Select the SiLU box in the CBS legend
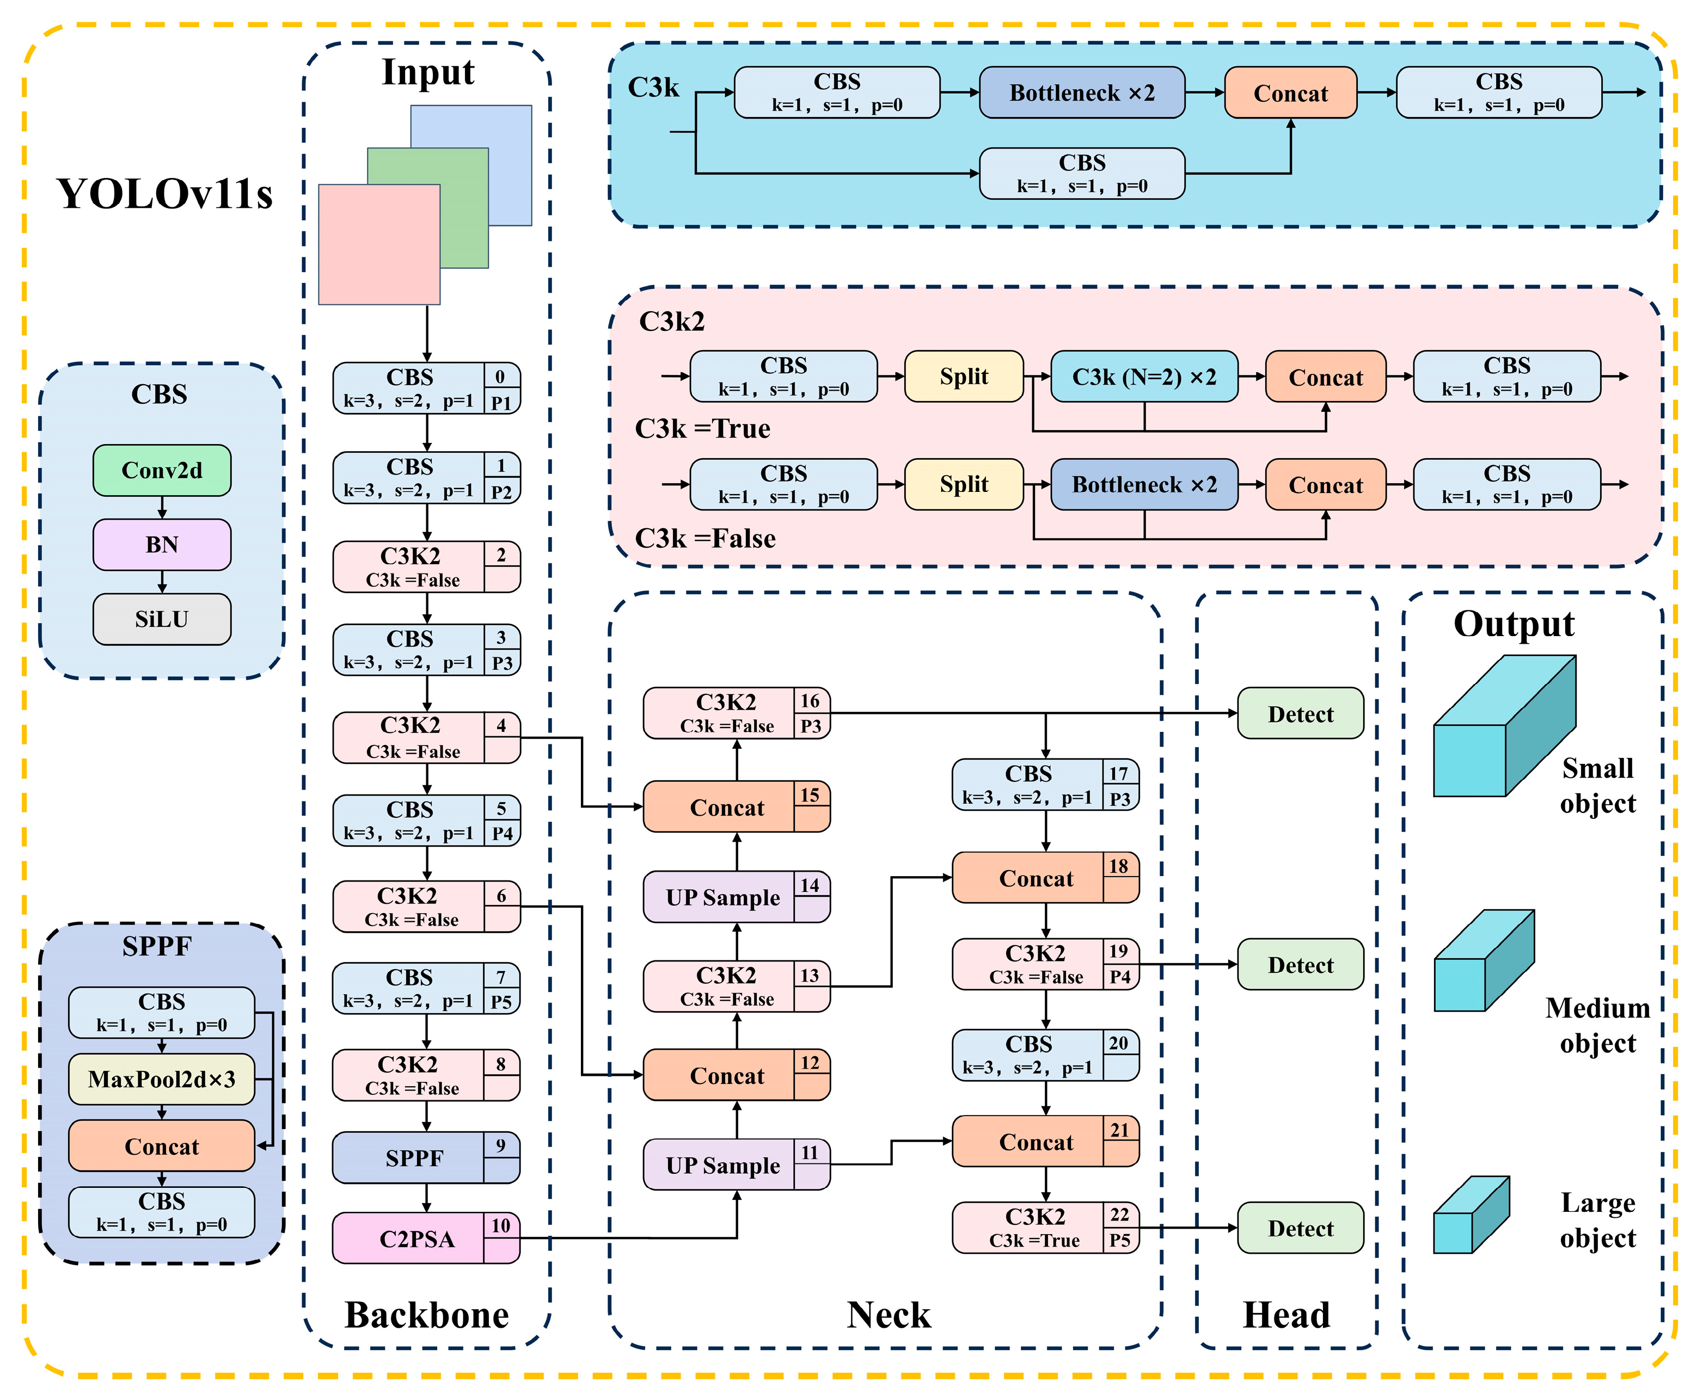(x=162, y=619)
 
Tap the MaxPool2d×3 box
(x=162, y=1079)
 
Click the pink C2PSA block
(x=426, y=1238)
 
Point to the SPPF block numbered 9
(x=426, y=1157)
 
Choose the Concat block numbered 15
(x=736, y=806)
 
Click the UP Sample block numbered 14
(x=736, y=896)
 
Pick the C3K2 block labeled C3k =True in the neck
(x=1046, y=1228)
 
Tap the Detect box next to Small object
(x=1300, y=713)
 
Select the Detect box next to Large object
(x=1300, y=1228)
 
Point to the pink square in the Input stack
(x=379, y=244)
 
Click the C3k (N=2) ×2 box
(x=1144, y=377)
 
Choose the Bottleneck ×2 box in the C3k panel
(x=1082, y=93)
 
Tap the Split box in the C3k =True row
(x=964, y=377)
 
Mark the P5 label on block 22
(x=1120, y=1240)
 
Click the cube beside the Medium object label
(x=1484, y=960)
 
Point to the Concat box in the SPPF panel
(x=162, y=1145)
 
